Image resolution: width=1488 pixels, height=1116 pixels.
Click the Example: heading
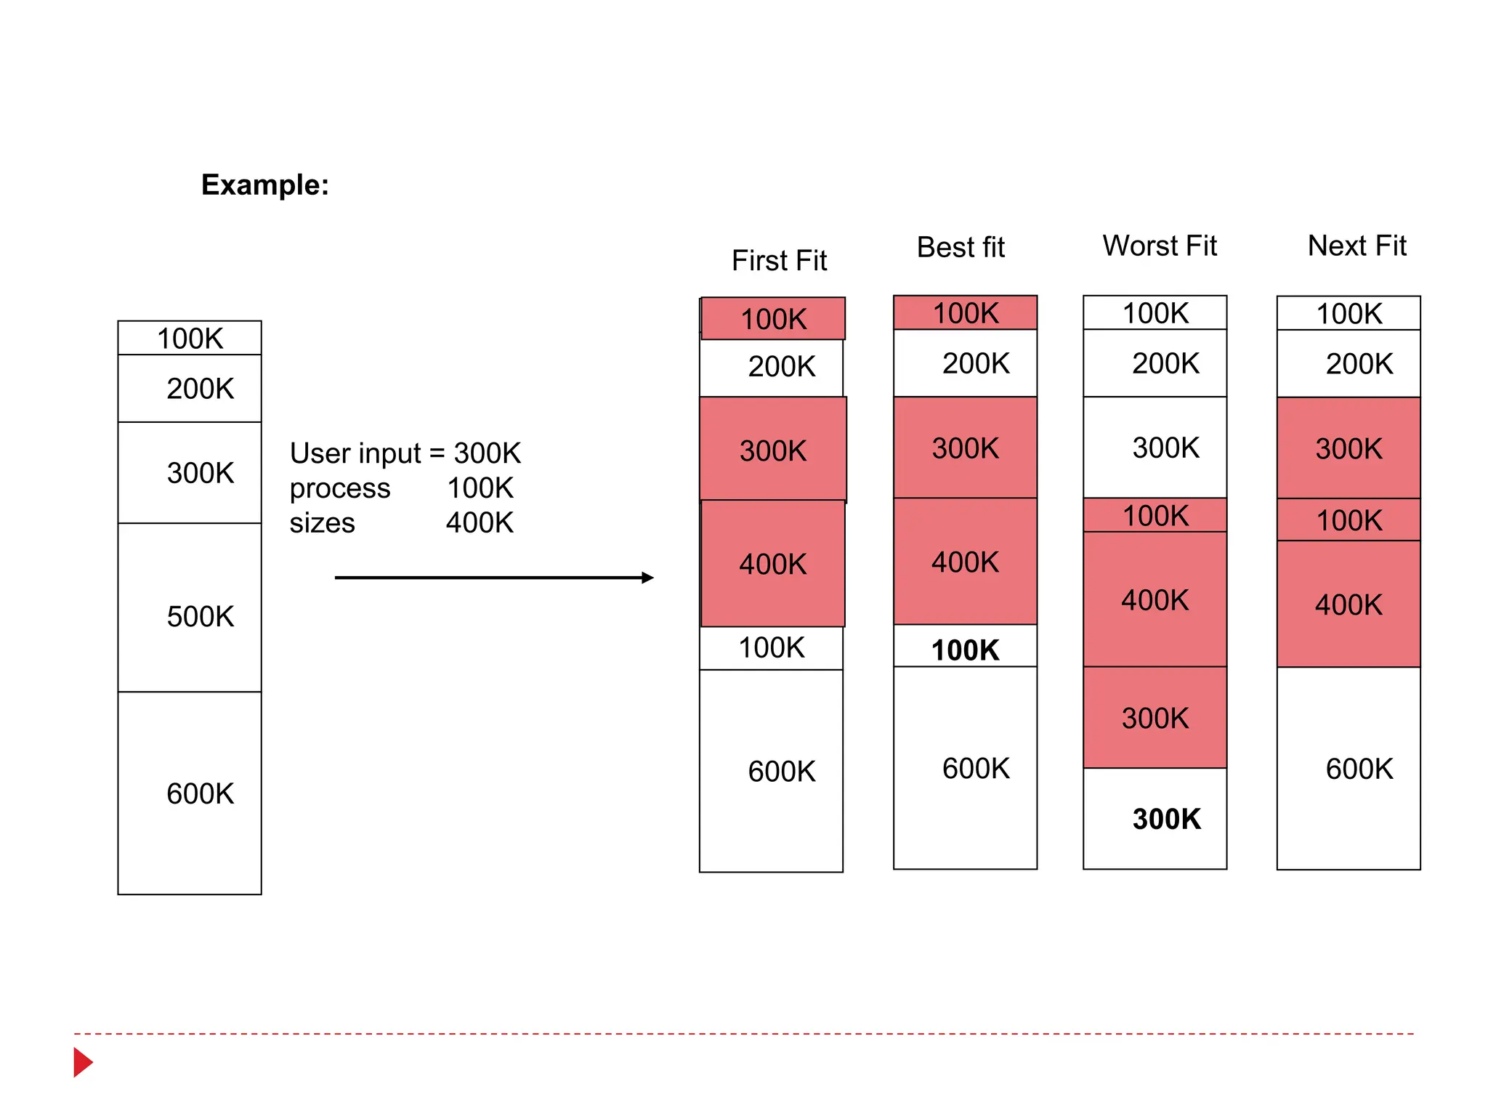coord(264,185)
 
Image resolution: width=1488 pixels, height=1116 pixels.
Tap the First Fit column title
coord(779,260)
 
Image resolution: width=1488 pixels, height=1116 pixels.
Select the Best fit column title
coord(961,247)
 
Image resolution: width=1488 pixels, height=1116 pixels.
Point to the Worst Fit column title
coord(1160,246)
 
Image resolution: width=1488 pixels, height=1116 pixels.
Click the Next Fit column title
coord(1356,246)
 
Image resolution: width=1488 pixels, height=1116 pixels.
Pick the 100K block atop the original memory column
coord(190,338)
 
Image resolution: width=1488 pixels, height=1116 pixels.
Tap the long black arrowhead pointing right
coord(647,578)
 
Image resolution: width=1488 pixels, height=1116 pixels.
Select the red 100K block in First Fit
coord(773,318)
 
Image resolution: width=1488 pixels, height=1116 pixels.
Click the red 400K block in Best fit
coord(965,561)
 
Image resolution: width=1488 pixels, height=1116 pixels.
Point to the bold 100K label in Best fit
coord(965,650)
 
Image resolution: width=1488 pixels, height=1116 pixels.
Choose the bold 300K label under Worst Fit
coord(1166,819)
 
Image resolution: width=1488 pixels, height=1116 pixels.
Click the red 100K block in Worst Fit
coord(1155,515)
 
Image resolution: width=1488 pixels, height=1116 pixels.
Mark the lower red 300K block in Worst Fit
coord(1155,718)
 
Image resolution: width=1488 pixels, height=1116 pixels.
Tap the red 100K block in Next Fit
coord(1348,519)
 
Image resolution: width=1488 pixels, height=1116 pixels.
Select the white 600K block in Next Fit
coord(1348,768)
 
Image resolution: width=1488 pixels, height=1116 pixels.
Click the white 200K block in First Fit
coord(772,367)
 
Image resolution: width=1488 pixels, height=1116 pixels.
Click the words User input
coord(355,453)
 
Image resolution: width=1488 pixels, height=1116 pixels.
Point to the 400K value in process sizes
coord(480,522)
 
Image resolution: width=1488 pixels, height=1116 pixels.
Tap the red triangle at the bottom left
coord(82,1062)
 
